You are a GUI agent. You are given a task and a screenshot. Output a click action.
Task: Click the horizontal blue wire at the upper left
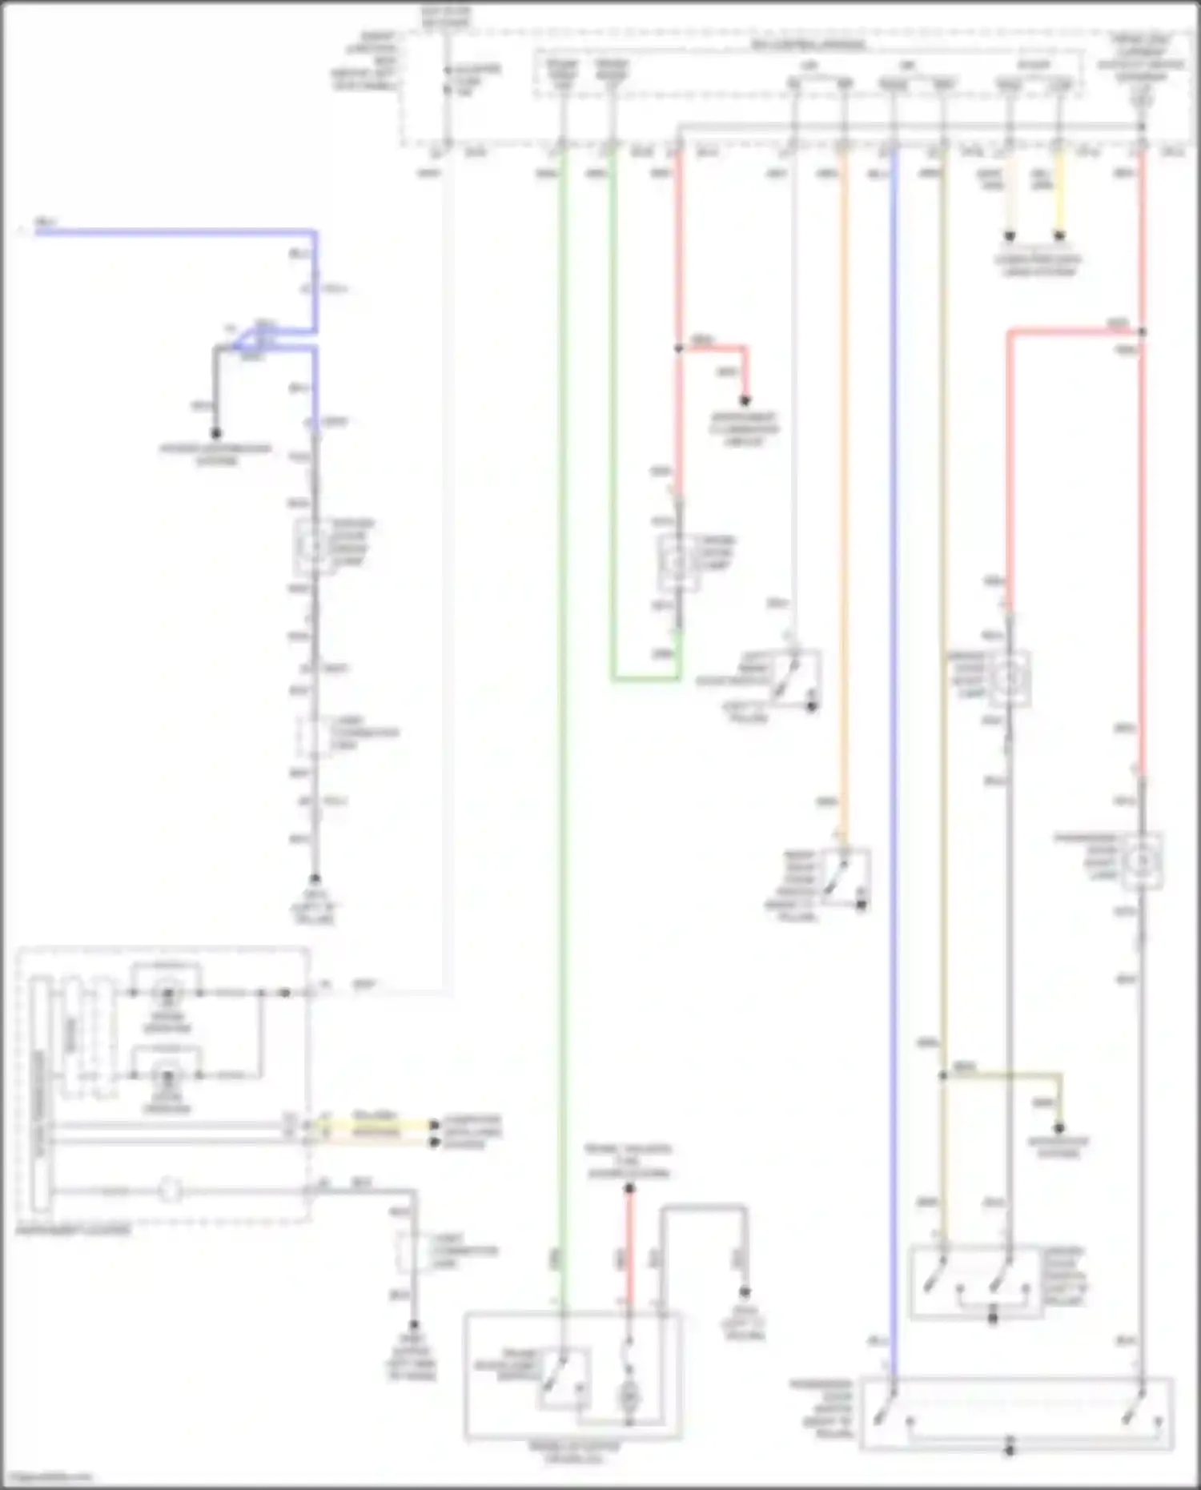(x=176, y=233)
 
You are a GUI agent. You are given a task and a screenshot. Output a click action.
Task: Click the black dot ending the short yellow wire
(x=1059, y=236)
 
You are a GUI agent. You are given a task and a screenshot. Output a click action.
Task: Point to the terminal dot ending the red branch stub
(x=745, y=400)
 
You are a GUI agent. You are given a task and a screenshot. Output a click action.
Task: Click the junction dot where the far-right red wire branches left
(x=1142, y=331)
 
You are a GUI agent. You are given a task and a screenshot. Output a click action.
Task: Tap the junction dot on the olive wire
(x=943, y=1076)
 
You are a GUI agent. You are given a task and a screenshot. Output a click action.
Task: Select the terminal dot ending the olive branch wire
(x=1059, y=1128)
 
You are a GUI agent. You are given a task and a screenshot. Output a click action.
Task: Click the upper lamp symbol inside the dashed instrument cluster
(x=168, y=995)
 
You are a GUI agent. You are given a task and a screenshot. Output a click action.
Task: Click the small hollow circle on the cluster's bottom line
(x=169, y=1190)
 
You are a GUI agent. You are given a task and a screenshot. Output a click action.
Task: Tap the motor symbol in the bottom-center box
(x=629, y=1398)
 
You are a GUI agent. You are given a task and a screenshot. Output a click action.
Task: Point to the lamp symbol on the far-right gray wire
(x=1142, y=861)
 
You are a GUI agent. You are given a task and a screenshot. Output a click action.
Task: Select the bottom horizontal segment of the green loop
(x=645, y=679)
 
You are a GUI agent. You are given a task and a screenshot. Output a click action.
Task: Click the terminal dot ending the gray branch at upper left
(x=215, y=432)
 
